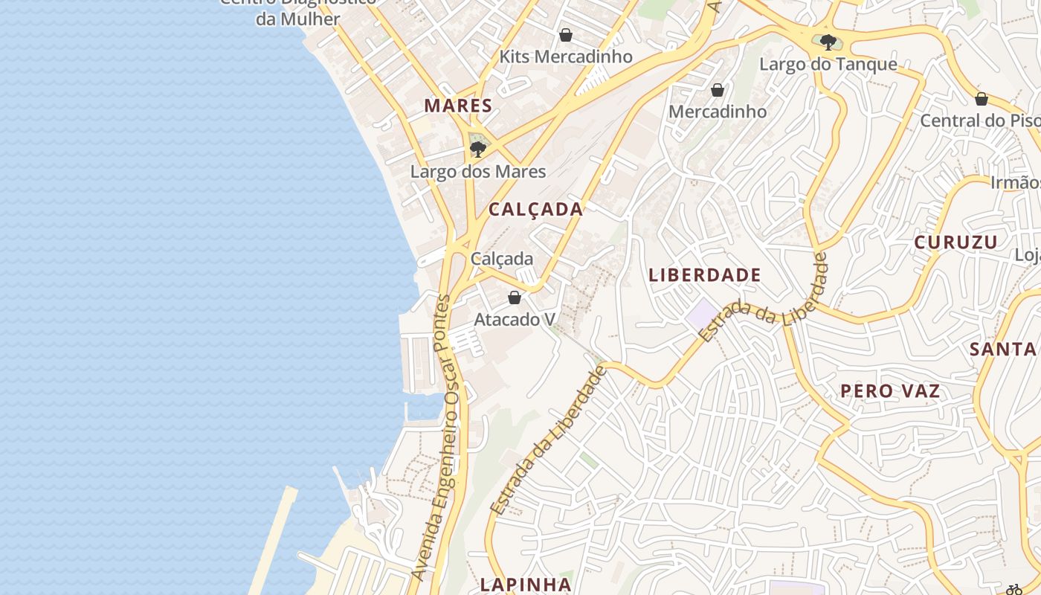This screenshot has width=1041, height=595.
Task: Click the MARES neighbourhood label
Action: pyautogui.click(x=458, y=106)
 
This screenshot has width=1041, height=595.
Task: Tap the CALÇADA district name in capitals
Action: pyautogui.click(x=535, y=209)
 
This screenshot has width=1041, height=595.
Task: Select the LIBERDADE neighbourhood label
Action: pyautogui.click(x=705, y=275)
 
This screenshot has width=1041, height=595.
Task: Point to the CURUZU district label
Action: pyautogui.click(x=955, y=242)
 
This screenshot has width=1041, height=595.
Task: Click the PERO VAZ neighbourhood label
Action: pyautogui.click(x=890, y=391)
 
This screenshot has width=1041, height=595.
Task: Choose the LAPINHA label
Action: pyautogui.click(x=526, y=585)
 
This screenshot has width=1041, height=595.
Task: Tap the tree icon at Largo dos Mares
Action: pyautogui.click(x=477, y=149)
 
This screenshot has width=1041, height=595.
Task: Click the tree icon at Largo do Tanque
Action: pyautogui.click(x=828, y=42)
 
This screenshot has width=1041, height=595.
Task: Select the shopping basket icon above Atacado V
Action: pyautogui.click(x=514, y=298)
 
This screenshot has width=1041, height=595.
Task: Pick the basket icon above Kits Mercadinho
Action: pyautogui.click(x=566, y=35)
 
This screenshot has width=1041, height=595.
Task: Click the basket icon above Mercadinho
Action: pyautogui.click(x=718, y=90)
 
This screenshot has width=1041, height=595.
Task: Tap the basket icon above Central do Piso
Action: pyautogui.click(x=982, y=99)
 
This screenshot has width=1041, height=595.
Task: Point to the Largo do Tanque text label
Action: pyautogui.click(x=828, y=65)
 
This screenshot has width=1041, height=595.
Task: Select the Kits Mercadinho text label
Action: pyautogui.click(x=566, y=57)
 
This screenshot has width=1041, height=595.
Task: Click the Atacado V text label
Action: pyautogui.click(x=515, y=320)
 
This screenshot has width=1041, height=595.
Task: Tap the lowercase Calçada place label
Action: pyautogui.click(x=502, y=259)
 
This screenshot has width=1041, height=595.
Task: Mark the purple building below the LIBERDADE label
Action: pyautogui.click(x=702, y=312)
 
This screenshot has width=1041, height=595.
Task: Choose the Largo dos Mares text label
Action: pyautogui.click(x=478, y=172)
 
